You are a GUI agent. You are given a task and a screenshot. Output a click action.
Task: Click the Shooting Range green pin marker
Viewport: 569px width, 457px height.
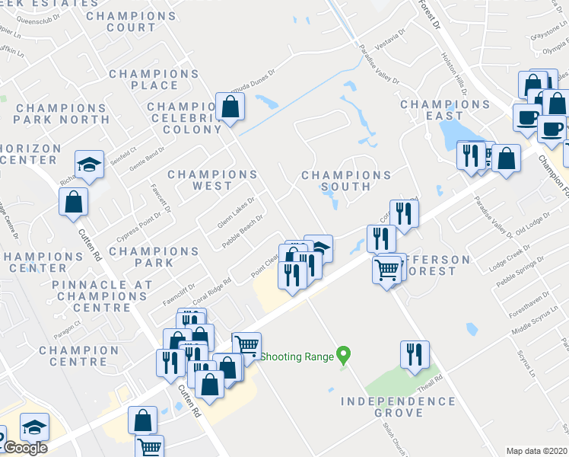click(343, 354)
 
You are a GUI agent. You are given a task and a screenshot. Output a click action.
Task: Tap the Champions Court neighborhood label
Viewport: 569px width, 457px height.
click(121, 21)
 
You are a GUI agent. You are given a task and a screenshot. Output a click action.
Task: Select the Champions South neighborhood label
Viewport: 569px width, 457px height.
click(346, 181)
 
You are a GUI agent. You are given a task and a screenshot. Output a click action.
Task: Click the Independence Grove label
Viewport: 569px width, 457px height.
click(398, 407)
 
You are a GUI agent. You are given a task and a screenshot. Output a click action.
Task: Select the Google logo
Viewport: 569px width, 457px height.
click(25, 448)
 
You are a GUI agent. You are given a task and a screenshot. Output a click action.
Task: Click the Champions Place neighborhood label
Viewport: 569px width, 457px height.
click(154, 79)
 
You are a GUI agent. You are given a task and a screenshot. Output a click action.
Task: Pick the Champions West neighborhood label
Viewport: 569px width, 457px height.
click(212, 180)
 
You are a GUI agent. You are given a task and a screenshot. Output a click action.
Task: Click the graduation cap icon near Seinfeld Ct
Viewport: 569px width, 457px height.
click(88, 165)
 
